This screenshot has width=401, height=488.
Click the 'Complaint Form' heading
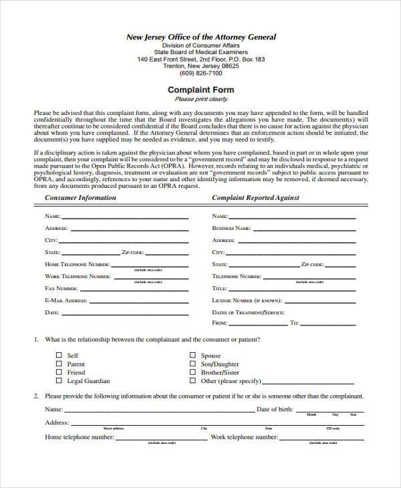200,90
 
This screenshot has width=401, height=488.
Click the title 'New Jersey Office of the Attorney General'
200,37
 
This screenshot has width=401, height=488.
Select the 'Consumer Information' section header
80,198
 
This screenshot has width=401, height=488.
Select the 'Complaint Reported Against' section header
255,198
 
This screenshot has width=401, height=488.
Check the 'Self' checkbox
59,356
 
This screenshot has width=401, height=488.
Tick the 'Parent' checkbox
59,364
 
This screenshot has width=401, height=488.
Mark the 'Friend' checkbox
59,372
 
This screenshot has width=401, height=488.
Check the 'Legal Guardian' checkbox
59,381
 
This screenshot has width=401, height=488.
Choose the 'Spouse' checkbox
193,356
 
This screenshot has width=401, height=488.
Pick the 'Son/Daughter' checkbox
193,364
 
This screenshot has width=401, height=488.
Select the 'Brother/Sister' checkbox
193,372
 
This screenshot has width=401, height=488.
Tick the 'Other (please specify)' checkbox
193,381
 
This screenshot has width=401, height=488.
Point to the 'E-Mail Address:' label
66,301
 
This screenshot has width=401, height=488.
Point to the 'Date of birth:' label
275,408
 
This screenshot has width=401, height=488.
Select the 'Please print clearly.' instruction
200,99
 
